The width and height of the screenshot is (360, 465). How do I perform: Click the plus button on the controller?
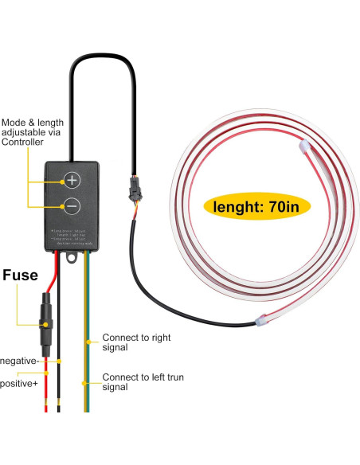click(72, 180)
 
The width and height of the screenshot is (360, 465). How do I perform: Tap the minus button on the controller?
click(72, 206)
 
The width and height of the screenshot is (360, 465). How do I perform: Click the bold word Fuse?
click(20, 275)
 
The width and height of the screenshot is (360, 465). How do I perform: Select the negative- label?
click(18, 361)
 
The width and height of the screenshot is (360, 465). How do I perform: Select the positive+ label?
click(18, 384)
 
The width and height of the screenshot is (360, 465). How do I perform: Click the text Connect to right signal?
click(136, 342)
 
